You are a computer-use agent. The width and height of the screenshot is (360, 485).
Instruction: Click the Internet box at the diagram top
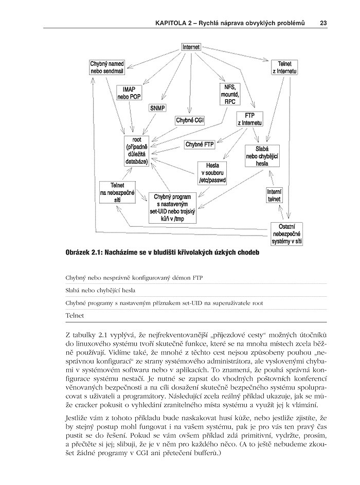190,47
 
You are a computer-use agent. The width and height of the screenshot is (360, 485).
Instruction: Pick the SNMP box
158,109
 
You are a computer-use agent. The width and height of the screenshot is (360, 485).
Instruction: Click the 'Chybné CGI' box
190,120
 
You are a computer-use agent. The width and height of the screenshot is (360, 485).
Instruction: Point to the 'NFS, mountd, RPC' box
227,95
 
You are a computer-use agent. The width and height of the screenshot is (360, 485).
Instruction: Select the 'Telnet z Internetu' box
284,67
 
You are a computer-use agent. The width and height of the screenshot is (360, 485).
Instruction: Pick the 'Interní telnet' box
274,194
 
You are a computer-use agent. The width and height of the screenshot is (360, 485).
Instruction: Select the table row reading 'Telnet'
75,315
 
